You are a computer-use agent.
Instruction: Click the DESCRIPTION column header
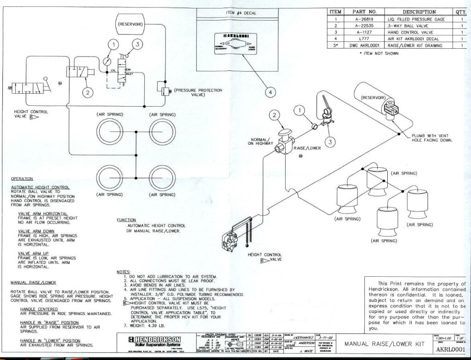tap(419, 12)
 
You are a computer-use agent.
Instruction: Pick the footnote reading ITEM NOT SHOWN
tap(380, 53)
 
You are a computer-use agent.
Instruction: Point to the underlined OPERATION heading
tap(22, 178)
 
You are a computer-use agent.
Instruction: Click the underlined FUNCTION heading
tap(126, 220)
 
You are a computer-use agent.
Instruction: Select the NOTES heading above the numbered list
tap(124, 272)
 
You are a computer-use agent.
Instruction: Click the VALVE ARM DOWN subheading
tap(36, 231)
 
